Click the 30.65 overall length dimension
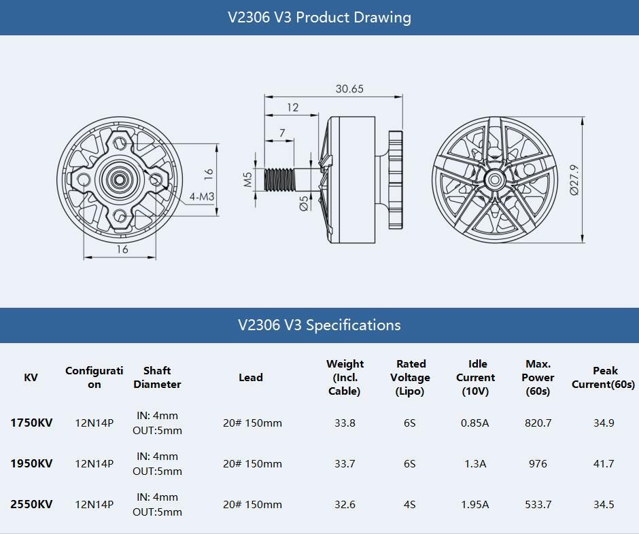(x=349, y=89)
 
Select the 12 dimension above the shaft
(x=292, y=107)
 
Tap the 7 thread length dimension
(x=282, y=134)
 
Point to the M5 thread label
(x=248, y=179)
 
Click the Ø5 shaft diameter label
(x=304, y=202)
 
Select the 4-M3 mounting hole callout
(x=202, y=197)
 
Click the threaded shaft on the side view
(x=282, y=179)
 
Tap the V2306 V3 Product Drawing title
(x=319, y=17)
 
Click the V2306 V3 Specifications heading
(x=319, y=325)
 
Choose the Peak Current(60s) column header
(x=604, y=378)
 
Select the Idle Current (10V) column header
(x=475, y=378)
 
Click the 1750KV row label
(x=31, y=423)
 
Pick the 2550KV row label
(x=31, y=504)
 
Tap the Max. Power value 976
(x=538, y=464)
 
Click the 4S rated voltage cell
(x=409, y=504)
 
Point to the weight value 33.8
(x=345, y=423)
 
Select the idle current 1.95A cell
(x=474, y=504)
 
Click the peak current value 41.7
(x=604, y=464)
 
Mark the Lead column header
(x=250, y=378)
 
